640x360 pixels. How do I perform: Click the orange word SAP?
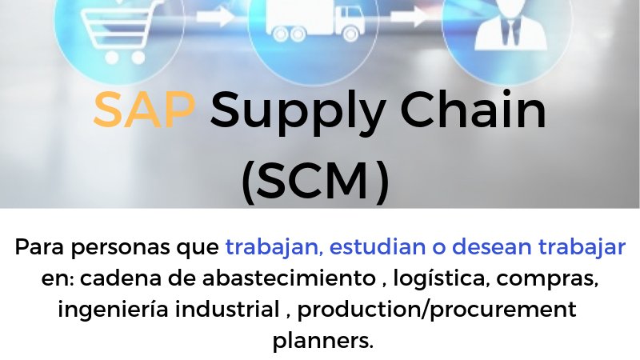coord(144,111)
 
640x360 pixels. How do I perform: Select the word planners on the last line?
coord(322,340)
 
